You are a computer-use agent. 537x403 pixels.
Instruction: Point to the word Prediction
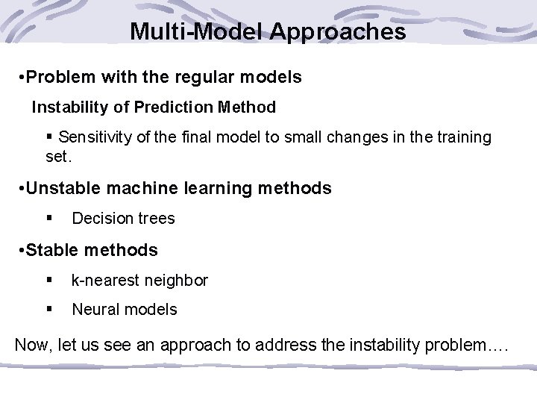point(168,107)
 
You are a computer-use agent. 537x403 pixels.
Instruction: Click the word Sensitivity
point(96,137)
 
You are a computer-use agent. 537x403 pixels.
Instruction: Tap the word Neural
point(95,309)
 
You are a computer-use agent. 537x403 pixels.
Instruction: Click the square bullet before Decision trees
point(48,219)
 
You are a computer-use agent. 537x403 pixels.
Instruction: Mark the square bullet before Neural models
point(48,309)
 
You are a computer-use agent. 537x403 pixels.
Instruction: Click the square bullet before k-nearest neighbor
point(48,281)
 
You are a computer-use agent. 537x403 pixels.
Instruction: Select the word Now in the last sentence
point(31,346)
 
